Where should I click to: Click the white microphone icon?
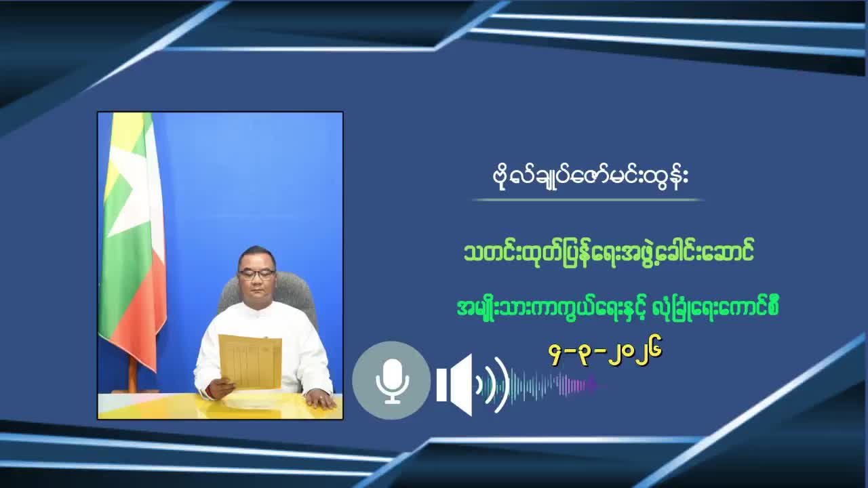click(x=392, y=380)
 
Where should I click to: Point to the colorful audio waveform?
click(x=553, y=385)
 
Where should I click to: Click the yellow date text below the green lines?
click(x=605, y=352)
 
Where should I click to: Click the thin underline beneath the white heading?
click(x=587, y=200)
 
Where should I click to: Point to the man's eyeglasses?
click(x=256, y=274)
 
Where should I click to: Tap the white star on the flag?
click(x=132, y=190)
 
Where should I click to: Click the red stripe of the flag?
click(x=146, y=325)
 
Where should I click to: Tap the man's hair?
click(x=257, y=255)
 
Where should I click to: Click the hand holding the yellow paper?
click(x=218, y=388)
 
